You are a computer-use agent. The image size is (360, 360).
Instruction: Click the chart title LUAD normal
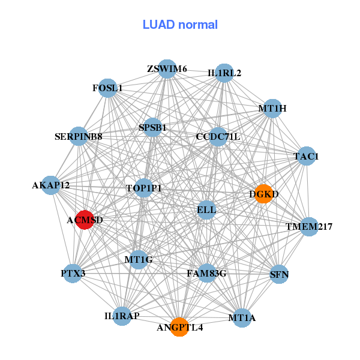point(180,25)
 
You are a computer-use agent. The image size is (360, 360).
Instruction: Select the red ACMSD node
point(85,220)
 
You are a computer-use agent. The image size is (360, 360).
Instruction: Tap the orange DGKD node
point(263,194)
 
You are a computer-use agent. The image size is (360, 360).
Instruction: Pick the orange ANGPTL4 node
point(179,327)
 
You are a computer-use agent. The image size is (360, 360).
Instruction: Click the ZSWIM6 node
point(167,69)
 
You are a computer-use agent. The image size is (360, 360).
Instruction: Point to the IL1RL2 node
point(224,73)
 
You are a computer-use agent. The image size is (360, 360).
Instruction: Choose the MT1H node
point(272,109)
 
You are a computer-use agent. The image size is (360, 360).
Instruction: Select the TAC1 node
point(306,156)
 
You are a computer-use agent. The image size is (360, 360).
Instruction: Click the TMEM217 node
point(309,226)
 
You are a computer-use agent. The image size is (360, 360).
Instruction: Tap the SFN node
point(280,274)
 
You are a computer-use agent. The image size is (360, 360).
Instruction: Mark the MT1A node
point(242,317)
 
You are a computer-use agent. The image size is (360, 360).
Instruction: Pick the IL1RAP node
point(122,316)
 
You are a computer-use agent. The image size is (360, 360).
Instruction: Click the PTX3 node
point(73,274)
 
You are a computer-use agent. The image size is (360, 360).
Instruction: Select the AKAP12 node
point(51,185)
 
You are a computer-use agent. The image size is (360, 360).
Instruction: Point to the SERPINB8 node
point(79,136)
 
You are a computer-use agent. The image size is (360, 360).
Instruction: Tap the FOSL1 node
point(107,88)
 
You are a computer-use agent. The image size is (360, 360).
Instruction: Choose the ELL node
point(206,209)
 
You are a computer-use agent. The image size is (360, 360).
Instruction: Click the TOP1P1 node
point(144,188)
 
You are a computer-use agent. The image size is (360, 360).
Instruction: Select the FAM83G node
point(206,274)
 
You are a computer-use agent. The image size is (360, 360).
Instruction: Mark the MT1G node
point(139,260)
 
